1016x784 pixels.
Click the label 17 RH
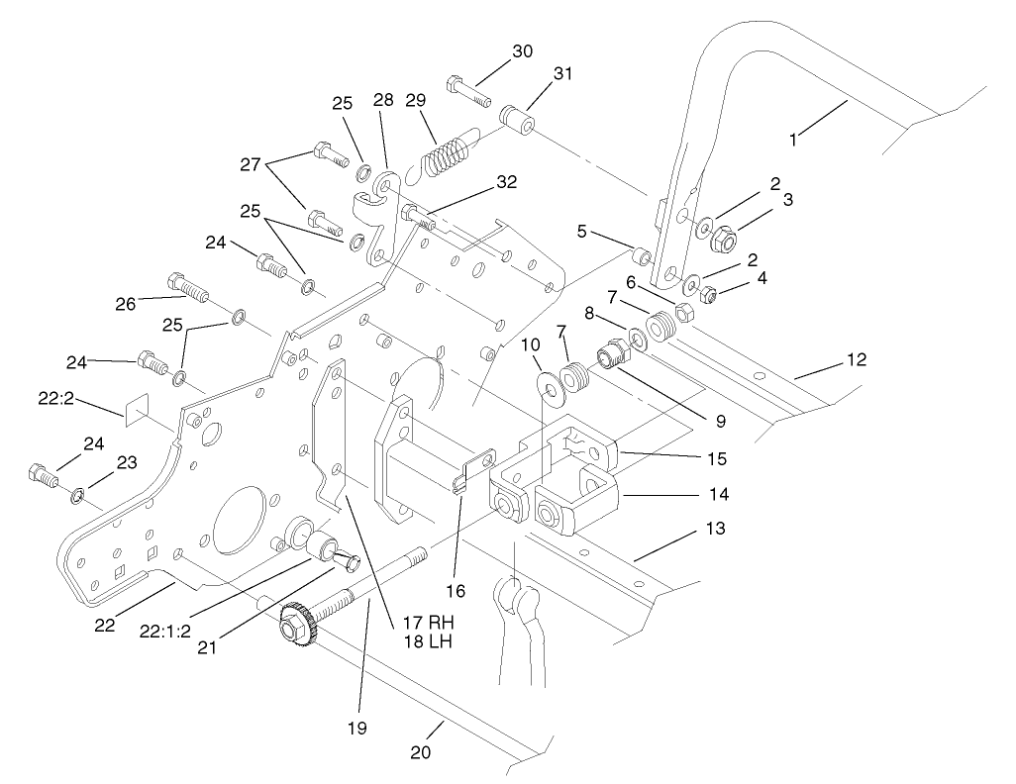click(427, 624)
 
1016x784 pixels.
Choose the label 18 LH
click(426, 642)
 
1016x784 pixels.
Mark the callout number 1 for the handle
click(793, 140)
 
